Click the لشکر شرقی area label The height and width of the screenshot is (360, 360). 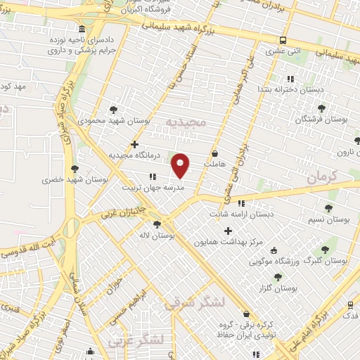[x=193, y=304]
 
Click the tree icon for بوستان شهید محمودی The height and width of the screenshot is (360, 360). [x=113, y=109]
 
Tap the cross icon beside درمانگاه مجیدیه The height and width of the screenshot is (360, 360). [x=134, y=144]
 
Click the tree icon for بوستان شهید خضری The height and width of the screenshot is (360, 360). [x=75, y=168]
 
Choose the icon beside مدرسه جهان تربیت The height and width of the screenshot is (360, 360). [x=152, y=177]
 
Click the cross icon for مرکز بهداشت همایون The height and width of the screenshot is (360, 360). [x=227, y=231]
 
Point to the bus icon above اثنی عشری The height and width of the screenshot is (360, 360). [x=282, y=40]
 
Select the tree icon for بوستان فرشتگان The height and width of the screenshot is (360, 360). [x=321, y=108]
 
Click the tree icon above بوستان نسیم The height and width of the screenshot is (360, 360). [x=328, y=207]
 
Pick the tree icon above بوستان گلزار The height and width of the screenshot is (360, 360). [x=278, y=276]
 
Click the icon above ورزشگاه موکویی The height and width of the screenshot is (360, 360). [x=274, y=250]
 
